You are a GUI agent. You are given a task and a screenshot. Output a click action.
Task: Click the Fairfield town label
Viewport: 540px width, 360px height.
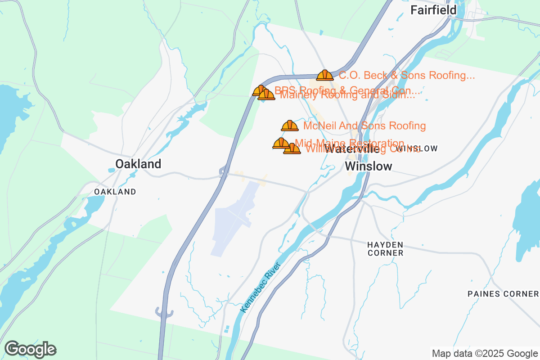[433, 10]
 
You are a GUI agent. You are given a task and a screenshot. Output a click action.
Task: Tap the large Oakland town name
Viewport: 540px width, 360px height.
[138, 164]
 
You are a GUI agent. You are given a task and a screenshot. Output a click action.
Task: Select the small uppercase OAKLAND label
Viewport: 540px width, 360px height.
[115, 192]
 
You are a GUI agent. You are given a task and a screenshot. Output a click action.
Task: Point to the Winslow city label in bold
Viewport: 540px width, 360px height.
[369, 166]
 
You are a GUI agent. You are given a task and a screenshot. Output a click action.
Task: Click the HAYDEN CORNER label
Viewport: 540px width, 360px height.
[385, 249]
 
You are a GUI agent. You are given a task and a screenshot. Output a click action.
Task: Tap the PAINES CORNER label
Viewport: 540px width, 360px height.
[503, 294]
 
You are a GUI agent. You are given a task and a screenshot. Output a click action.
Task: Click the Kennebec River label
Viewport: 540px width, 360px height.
[261, 287]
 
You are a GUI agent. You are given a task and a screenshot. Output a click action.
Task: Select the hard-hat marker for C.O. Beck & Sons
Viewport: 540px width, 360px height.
[324, 75]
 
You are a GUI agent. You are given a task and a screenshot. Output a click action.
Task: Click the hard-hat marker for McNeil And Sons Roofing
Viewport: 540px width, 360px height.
[289, 126]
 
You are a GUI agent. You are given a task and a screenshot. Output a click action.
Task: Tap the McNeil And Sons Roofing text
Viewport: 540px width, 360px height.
[364, 126]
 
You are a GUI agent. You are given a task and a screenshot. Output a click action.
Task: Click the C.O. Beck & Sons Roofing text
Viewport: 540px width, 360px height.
[407, 75]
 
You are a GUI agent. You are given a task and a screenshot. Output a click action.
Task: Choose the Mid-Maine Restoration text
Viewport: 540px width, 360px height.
[349, 142]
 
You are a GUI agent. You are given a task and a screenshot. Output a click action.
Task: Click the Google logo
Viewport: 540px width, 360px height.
[30, 349]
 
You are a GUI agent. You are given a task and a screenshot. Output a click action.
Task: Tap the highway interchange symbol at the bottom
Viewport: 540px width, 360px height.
[163, 312]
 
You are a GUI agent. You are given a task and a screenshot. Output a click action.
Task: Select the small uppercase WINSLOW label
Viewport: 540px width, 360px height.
[417, 148]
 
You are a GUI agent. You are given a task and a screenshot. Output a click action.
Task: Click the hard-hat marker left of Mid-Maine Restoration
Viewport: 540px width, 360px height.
[281, 144]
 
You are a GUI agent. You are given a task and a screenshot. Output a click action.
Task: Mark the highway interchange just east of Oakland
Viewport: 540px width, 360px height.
[222, 171]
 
